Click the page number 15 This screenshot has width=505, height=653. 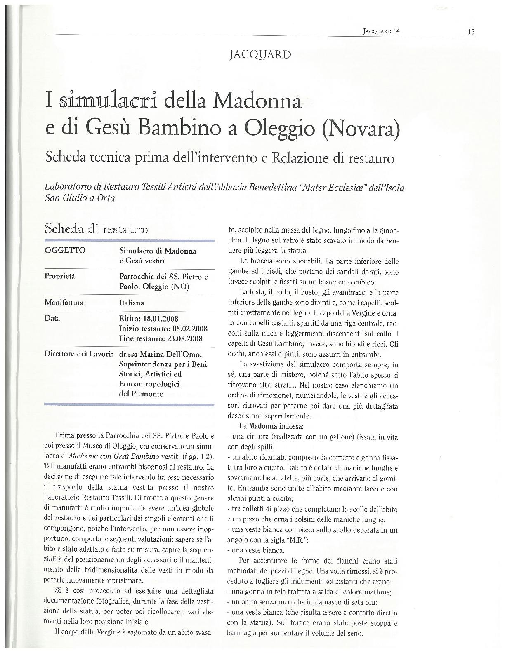(x=471, y=31)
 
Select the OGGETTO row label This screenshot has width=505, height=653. (x=65, y=250)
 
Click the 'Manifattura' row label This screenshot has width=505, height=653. (x=64, y=303)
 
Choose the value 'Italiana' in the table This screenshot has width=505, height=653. (x=131, y=303)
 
